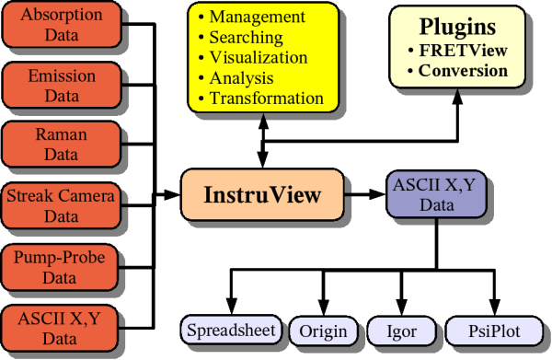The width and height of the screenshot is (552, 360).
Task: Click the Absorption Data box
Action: click(x=62, y=25)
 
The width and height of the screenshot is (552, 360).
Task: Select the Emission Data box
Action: click(x=62, y=86)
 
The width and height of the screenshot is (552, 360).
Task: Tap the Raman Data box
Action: click(x=62, y=145)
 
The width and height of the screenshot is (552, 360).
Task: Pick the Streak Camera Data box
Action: click(x=62, y=205)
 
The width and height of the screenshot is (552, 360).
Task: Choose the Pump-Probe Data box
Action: click(x=62, y=265)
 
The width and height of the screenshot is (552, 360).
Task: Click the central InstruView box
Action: click(x=262, y=195)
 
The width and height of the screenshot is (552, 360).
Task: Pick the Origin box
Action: click(x=323, y=330)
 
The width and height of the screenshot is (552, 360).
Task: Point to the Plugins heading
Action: click(x=457, y=26)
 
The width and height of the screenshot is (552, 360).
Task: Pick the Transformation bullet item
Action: click(x=266, y=98)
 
